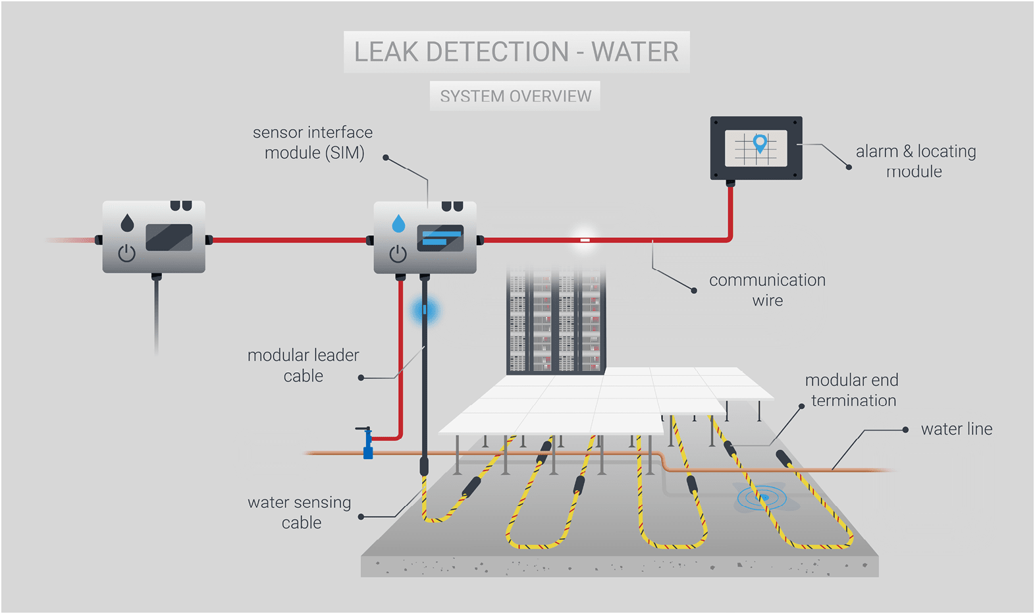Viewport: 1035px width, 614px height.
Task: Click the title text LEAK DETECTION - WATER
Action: click(516, 52)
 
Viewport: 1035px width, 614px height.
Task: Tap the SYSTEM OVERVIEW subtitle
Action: click(516, 96)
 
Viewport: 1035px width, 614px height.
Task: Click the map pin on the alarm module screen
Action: click(760, 142)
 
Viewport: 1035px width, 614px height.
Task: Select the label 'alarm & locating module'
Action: click(915, 161)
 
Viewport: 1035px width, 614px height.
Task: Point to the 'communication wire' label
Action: click(767, 290)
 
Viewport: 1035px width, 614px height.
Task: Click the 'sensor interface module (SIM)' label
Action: click(313, 142)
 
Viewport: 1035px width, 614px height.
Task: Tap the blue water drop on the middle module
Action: click(398, 224)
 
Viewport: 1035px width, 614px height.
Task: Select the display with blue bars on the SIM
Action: click(440, 238)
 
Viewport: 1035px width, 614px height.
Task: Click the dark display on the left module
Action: click(169, 237)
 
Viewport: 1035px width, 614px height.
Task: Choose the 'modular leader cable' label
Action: click(304, 365)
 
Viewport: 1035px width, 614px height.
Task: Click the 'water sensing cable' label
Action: click(300, 512)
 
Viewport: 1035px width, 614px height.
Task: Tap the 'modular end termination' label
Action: click(852, 390)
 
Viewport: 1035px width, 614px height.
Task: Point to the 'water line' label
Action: click(956, 429)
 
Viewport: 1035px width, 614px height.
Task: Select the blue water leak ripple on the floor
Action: click(762, 497)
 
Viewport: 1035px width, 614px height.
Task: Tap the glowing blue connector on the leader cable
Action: click(425, 310)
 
